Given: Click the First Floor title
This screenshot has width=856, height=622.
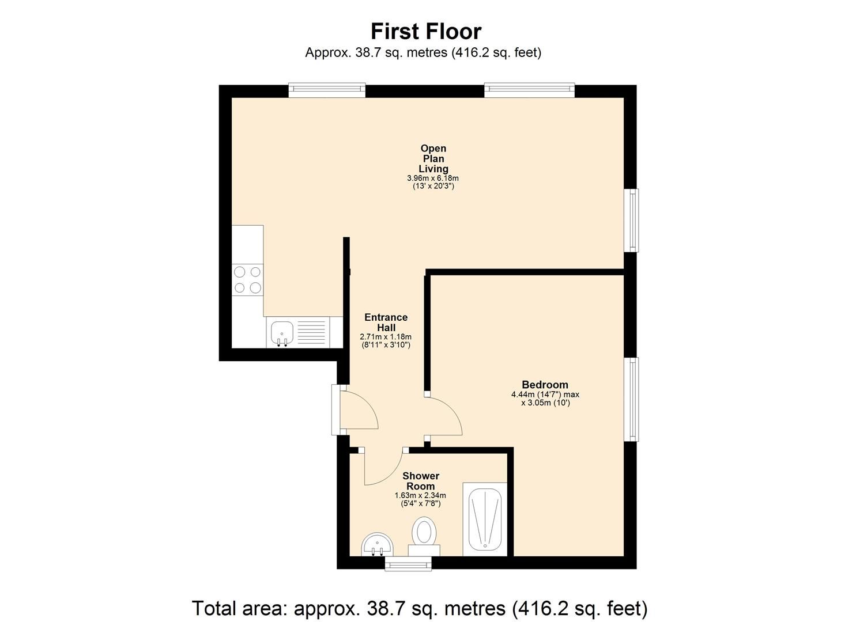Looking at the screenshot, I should [425, 31].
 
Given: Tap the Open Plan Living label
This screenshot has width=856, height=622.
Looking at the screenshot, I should [433, 158].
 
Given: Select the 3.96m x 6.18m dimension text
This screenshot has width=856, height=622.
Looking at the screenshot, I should [433, 179].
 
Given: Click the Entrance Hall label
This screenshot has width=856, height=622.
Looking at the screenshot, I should [386, 323].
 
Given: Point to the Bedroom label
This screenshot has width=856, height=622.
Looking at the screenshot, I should [545, 385].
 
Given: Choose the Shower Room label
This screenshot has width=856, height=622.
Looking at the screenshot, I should [421, 481].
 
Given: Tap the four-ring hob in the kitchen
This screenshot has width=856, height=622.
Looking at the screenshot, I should [247, 279].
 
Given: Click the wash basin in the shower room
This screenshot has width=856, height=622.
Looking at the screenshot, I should [378, 544].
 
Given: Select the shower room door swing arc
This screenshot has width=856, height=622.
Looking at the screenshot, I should [383, 469].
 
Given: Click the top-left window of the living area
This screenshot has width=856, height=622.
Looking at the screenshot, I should [327, 89].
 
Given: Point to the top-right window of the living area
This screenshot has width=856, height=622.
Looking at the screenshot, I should [529, 89].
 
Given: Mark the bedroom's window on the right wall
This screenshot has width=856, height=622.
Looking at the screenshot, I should [633, 400].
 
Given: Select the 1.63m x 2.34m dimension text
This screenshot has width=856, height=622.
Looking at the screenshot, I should [420, 495].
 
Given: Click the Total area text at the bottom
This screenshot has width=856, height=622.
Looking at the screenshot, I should [420, 608].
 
